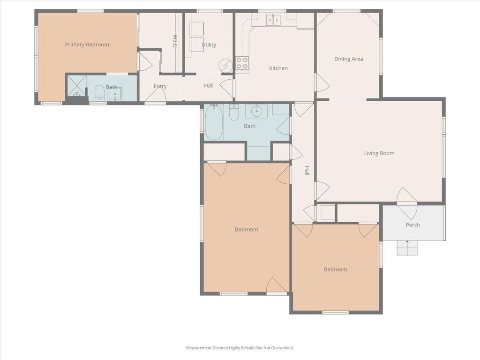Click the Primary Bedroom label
click(87, 45)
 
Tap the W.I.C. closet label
click(175, 41)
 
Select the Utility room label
click(209, 45)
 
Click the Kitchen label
click(278, 68)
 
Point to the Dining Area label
click(349, 59)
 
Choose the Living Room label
click(379, 153)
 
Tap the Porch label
click(412, 225)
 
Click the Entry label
click(160, 86)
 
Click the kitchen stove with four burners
click(242, 63)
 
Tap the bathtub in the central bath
click(213, 122)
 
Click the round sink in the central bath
click(256, 111)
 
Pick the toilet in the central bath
click(234, 112)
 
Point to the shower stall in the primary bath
click(76, 85)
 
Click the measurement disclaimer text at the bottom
click(240, 348)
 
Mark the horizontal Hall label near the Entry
click(209, 86)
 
